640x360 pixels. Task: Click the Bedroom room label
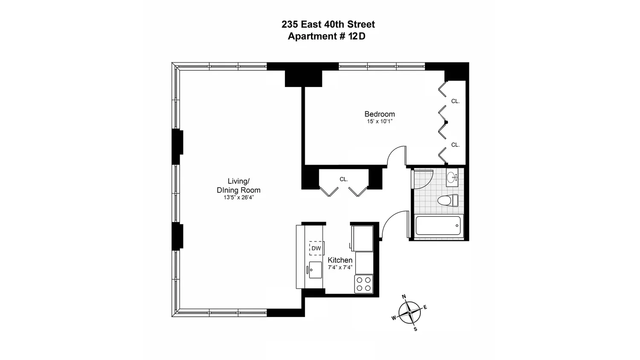pyautogui.click(x=379, y=114)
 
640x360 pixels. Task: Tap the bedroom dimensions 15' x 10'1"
pyautogui.click(x=380, y=122)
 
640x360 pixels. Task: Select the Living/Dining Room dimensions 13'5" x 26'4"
pyautogui.click(x=239, y=197)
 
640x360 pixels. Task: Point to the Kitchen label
pyautogui.click(x=340, y=260)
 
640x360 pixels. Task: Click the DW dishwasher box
pyautogui.click(x=316, y=248)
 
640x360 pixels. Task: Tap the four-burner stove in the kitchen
pyautogui.click(x=364, y=284)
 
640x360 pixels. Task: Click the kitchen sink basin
pyautogui.click(x=315, y=270)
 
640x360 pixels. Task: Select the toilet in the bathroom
pyautogui.click(x=448, y=200)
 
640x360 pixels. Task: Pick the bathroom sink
pyautogui.click(x=452, y=177)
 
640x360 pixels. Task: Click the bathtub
pyautogui.click(x=438, y=226)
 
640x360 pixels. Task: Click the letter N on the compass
pyautogui.click(x=404, y=297)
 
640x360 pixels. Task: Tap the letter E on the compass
pyautogui.click(x=425, y=307)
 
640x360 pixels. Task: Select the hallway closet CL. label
pyautogui.click(x=344, y=180)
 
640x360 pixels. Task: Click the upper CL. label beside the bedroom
pyautogui.click(x=455, y=101)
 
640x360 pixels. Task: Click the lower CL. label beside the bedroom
pyautogui.click(x=455, y=145)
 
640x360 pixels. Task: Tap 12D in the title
pyautogui.click(x=357, y=36)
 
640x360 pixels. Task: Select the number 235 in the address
pyautogui.click(x=290, y=24)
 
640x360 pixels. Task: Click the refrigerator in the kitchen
pyautogui.click(x=362, y=238)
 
